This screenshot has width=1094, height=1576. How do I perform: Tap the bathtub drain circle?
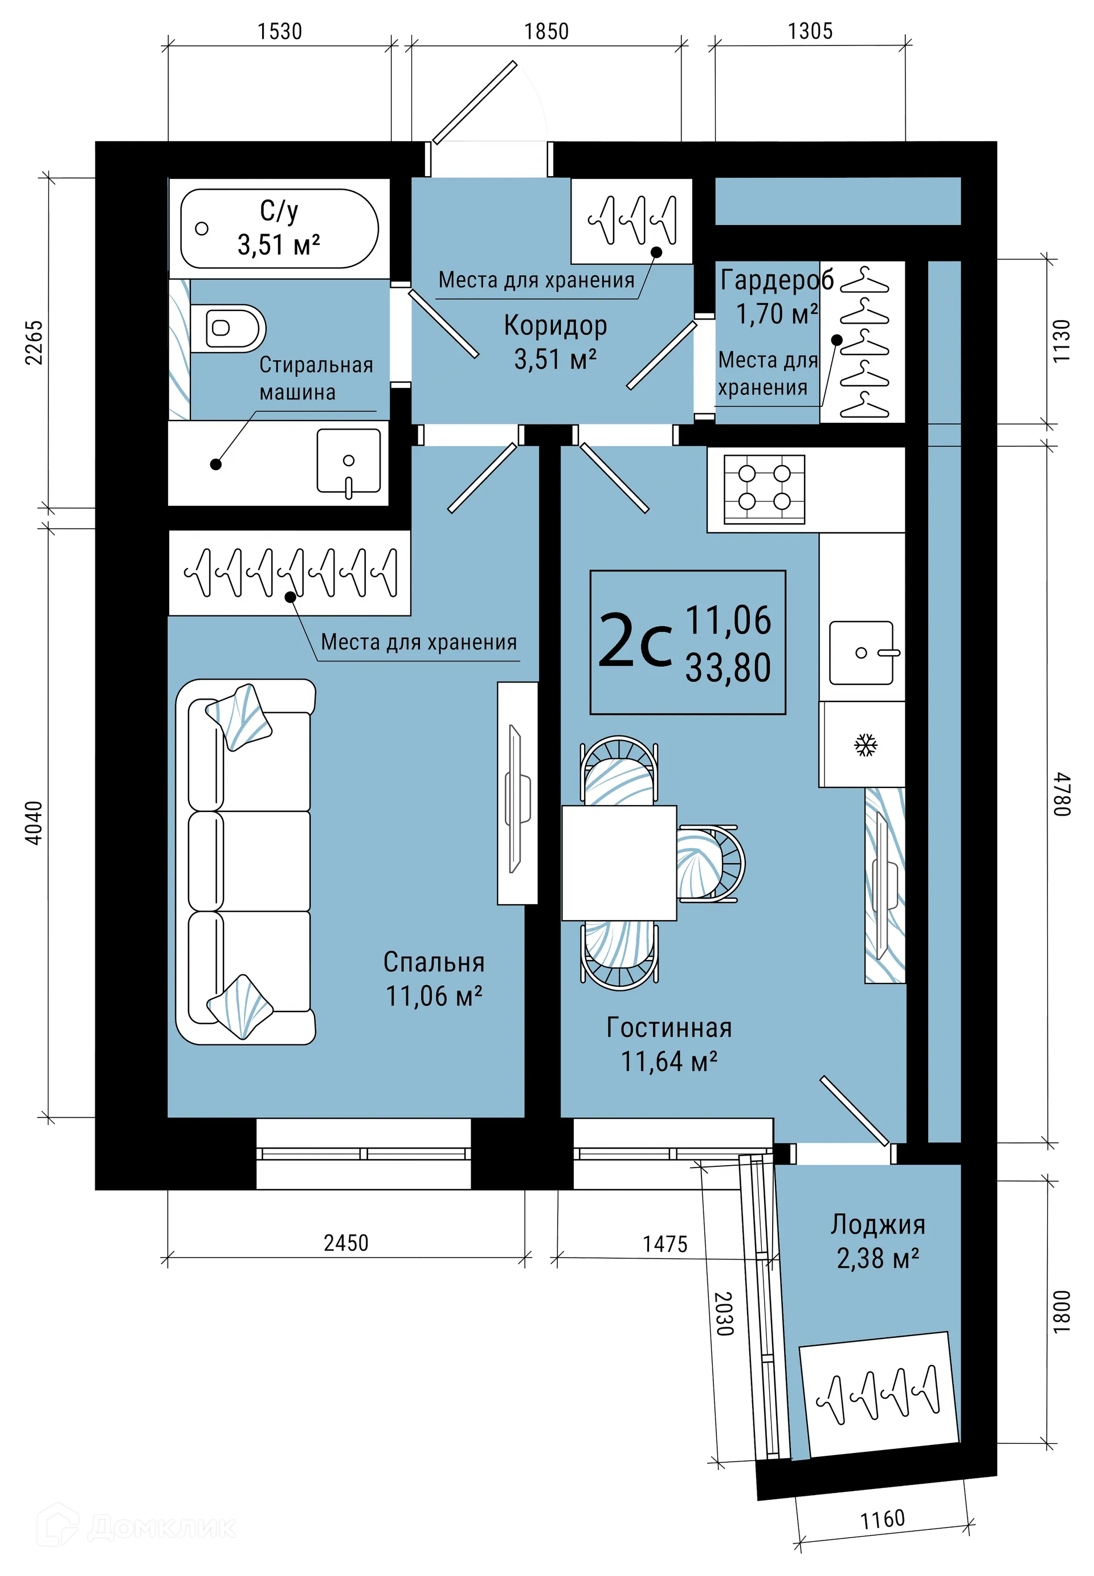(202, 228)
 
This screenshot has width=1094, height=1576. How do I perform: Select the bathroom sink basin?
(348, 462)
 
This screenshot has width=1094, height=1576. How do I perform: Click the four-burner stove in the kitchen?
(764, 489)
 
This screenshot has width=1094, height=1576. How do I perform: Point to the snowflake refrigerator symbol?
(865, 745)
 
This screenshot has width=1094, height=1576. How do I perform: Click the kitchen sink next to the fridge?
(862, 652)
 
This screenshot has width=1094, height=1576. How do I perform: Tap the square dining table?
(619, 863)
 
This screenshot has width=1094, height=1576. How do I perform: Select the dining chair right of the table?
(710, 863)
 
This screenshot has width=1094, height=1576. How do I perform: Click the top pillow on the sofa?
(239, 716)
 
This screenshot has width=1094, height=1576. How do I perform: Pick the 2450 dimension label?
(345, 1242)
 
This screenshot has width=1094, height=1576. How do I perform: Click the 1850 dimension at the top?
(546, 31)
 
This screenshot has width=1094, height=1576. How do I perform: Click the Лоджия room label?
(877, 1224)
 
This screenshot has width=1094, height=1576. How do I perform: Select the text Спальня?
(434, 962)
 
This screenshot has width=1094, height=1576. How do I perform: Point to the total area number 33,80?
(728, 668)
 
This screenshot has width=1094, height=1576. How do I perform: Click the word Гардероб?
(776, 280)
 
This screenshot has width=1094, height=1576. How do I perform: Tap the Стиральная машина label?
(315, 378)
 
